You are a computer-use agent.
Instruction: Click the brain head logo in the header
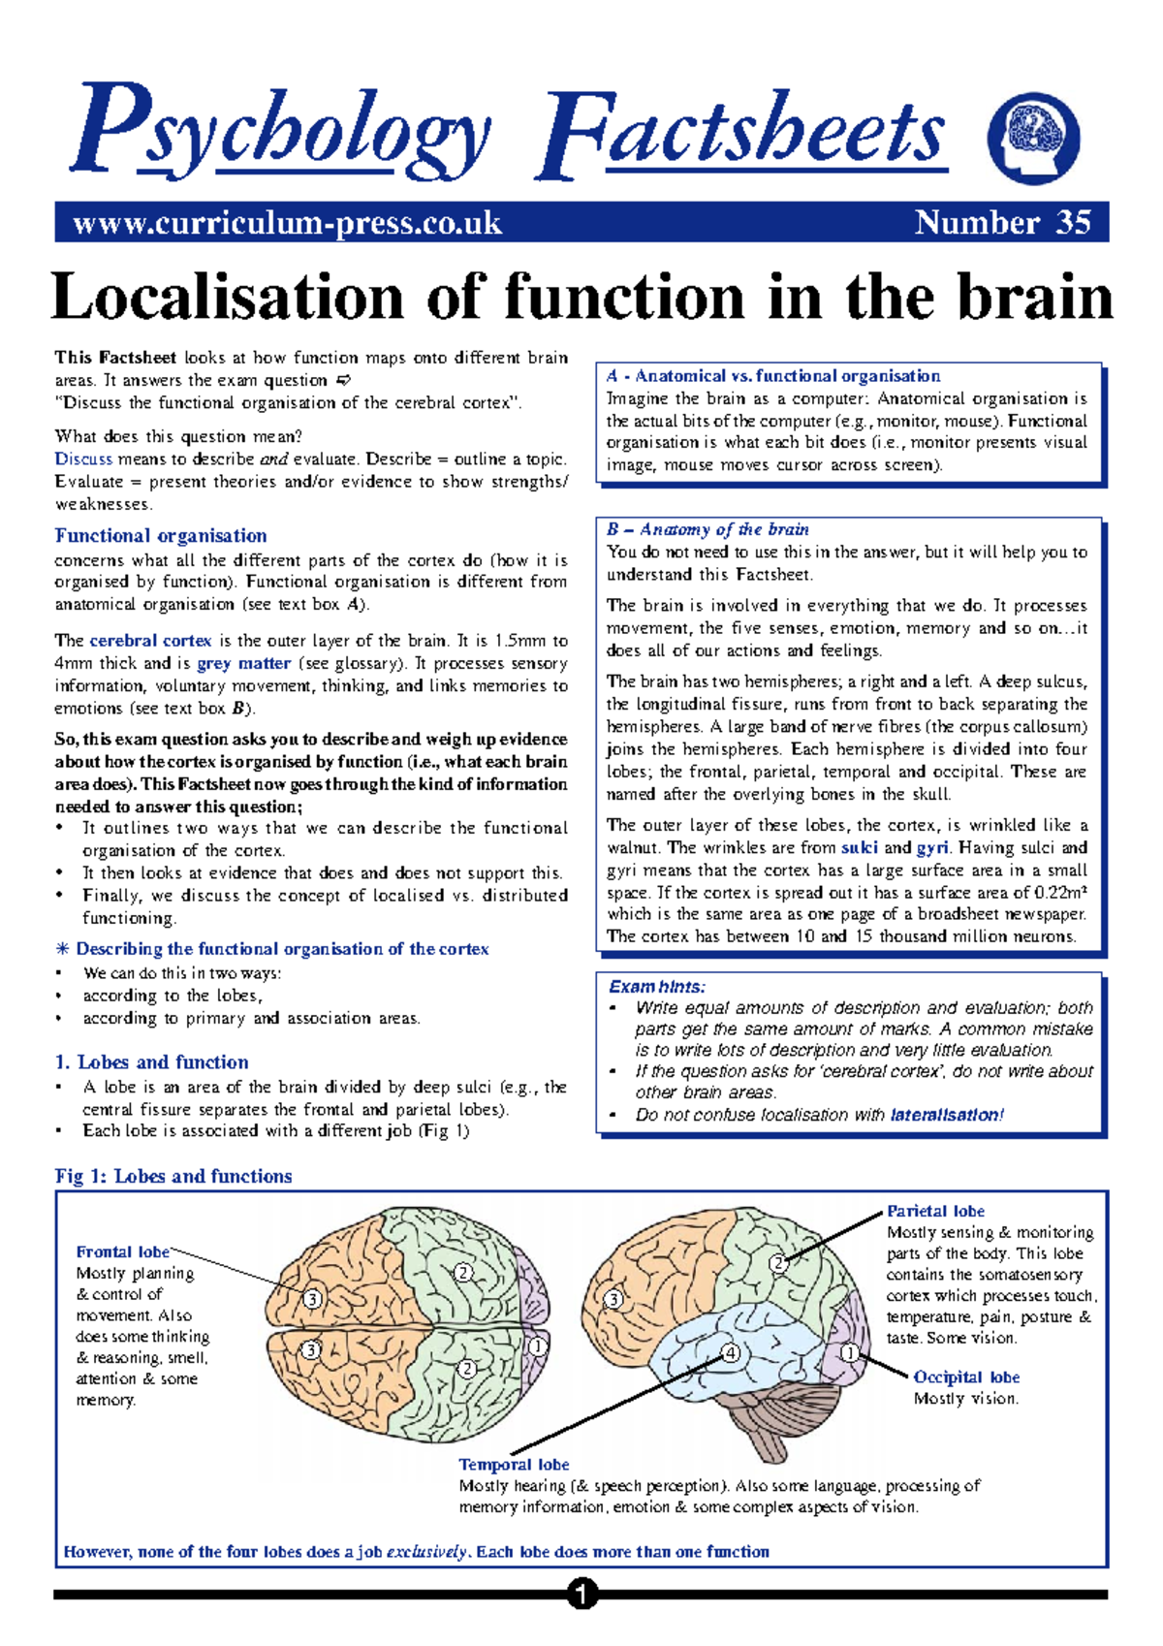click(x=1033, y=139)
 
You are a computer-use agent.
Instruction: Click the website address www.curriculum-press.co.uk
click(x=287, y=223)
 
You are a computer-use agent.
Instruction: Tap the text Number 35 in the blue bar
click(x=1003, y=223)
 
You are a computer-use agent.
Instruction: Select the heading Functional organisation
click(x=161, y=536)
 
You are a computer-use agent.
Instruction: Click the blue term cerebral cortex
click(x=150, y=641)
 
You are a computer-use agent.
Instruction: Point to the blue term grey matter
click(x=243, y=664)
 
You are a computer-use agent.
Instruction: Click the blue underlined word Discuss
click(x=83, y=459)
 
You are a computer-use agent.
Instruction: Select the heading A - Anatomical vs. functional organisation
click(x=773, y=376)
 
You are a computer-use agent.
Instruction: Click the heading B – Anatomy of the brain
click(x=707, y=529)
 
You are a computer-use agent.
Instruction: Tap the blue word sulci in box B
click(x=859, y=848)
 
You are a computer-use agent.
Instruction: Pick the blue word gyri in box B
click(x=932, y=848)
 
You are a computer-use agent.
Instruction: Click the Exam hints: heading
click(x=657, y=987)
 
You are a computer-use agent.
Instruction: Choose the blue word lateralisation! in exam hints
click(x=947, y=1115)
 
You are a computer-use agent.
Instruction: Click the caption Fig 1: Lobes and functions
click(x=173, y=1176)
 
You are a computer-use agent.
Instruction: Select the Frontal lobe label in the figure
click(x=123, y=1251)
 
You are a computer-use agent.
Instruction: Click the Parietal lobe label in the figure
click(x=935, y=1211)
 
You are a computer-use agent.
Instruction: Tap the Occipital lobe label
click(x=966, y=1377)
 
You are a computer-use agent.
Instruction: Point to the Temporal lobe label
click(x=514, y=1465)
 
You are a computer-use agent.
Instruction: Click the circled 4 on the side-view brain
click(x=731, y=1353)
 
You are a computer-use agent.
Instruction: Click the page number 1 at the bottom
click(x=581, y=1594)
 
